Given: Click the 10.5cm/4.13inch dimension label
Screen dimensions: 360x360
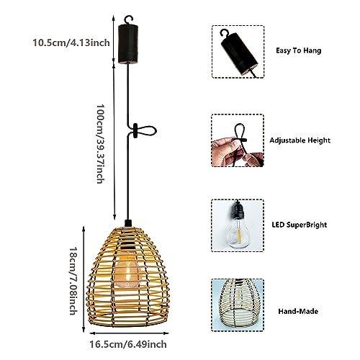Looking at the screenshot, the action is (71, 42).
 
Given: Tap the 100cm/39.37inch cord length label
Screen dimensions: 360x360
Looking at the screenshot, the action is (100, 144).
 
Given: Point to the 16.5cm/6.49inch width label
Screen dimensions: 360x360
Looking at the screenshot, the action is (128, 344).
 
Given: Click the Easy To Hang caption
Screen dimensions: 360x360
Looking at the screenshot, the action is (298, 50).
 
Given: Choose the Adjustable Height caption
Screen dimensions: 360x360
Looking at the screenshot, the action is (300, 140).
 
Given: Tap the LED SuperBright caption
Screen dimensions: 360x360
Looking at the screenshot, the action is (300, 225).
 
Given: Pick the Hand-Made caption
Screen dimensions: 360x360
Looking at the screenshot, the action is (298, 311).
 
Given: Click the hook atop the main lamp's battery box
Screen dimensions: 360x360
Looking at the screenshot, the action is (128, 19).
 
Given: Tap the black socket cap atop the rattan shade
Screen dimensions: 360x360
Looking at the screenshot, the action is (128, 223).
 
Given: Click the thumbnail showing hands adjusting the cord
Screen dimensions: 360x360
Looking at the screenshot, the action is (238, 140).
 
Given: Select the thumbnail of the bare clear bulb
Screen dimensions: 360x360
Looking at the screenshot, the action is (238, 225).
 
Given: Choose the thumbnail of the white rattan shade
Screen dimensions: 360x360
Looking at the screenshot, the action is (238, 305).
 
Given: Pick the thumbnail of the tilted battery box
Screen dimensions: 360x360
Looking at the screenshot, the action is (238, 52).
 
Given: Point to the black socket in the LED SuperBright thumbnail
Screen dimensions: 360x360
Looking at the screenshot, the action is (238, 210).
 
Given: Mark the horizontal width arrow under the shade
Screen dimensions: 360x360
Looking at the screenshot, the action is (129, 333).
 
